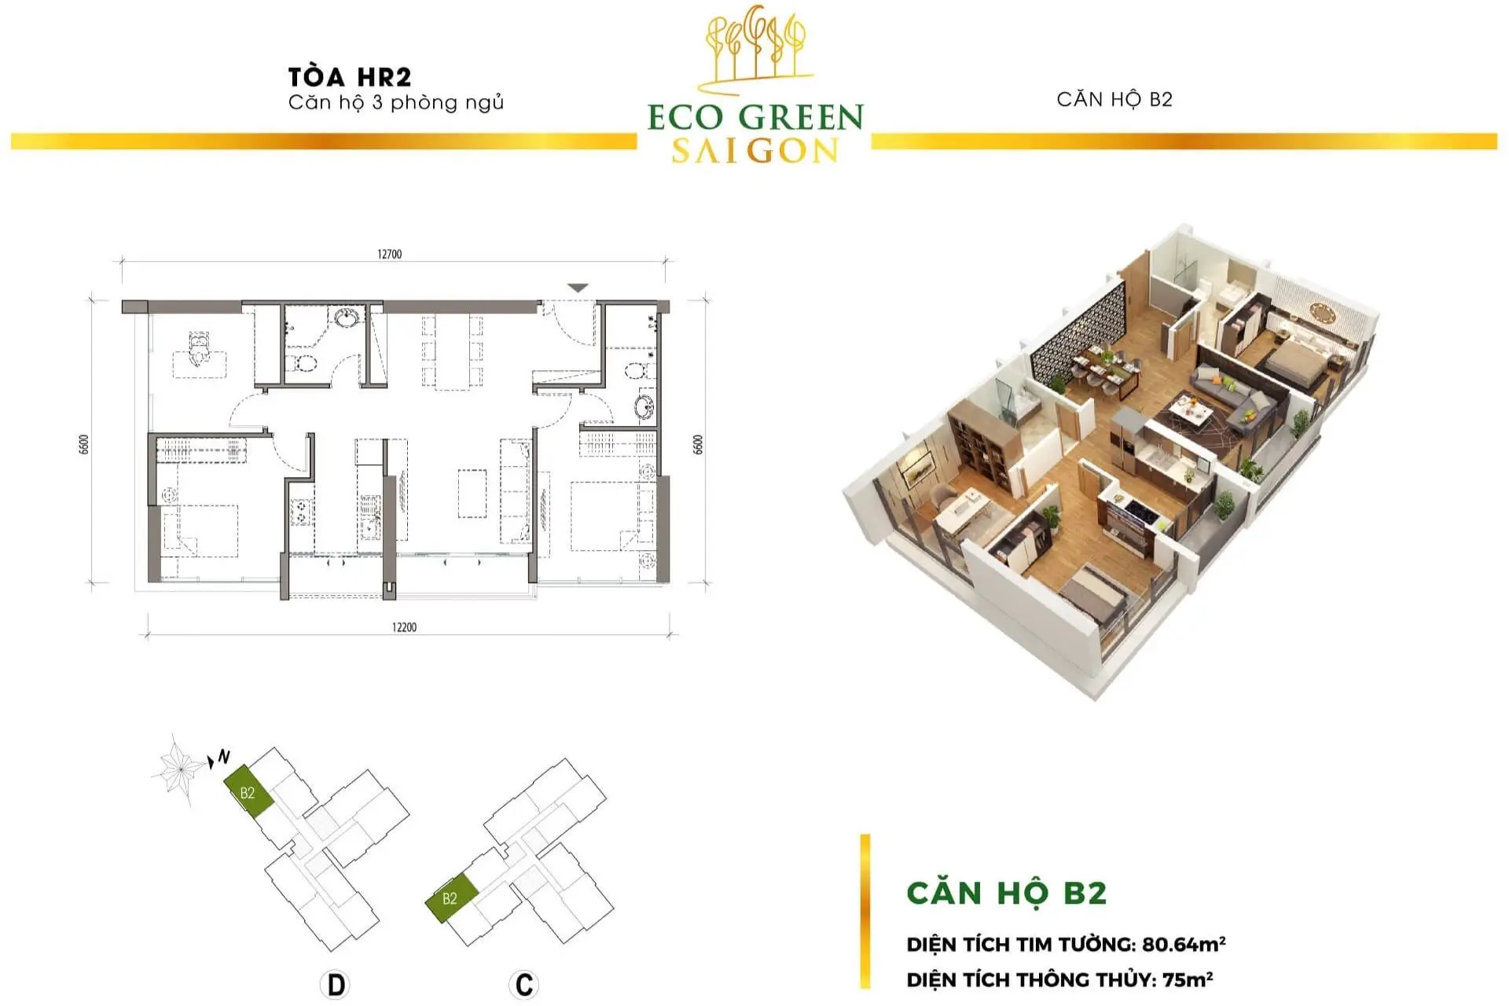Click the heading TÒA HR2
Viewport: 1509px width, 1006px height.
[350, 77]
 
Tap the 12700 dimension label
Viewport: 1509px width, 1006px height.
[389, 254]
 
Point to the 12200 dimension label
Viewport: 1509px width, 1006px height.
[404, 627]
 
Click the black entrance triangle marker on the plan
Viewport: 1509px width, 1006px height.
[578, 288]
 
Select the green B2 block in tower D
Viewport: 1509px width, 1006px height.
[248, 792]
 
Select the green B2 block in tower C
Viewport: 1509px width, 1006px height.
[451, 898]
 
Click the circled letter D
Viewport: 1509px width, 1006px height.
[336, 984]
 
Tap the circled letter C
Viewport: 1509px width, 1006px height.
[523, 984]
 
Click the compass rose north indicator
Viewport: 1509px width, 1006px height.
[180, 768]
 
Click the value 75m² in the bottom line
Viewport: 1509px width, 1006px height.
[1188, 979]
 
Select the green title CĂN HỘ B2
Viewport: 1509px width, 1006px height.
[1007, 893]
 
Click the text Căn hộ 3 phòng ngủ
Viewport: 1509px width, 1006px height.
[396, 103]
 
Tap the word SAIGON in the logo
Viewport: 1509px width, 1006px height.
[755, 150]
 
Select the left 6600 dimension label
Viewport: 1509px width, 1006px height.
[84, 444]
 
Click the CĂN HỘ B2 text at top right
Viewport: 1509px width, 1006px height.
[1114, 99]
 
